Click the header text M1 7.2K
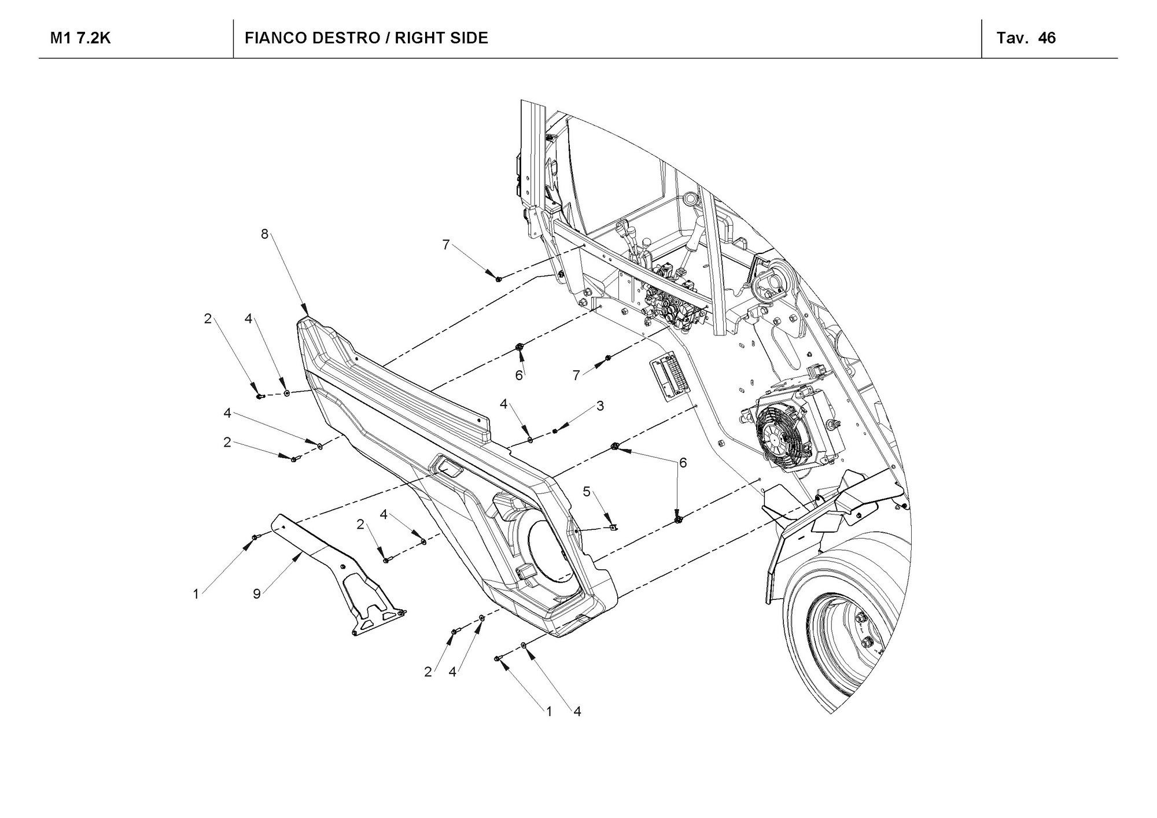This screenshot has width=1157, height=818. click(x=80, y=38)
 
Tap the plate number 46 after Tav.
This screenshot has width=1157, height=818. click(x=1047, y=38)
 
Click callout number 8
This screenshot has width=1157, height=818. click(x=264, y=234)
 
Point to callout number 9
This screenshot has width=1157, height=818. click(x=257, y=594)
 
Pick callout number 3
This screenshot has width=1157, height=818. click(x=600, y=406)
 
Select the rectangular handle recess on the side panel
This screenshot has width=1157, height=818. click(x=448, y=466)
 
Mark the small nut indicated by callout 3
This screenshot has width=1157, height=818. click(x=555, y=429)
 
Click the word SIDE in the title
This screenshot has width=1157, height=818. click(x=466, y=38)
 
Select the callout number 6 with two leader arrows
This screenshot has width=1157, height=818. click(x=683, y=462)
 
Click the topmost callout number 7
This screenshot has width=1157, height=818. click(x=445, y=245)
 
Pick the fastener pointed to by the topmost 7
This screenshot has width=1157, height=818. click(x=498, y=279)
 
